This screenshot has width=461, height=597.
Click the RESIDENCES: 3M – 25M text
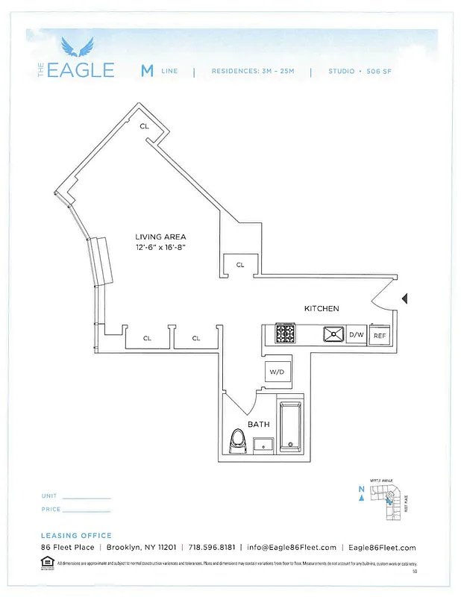(x=252, y=72)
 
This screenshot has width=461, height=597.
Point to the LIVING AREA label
(x=160, y=237)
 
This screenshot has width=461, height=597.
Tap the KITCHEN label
(x=322, y=308)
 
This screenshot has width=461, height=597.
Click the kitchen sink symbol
(x=333, y=334)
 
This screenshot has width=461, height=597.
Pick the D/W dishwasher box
(x=357, y=335)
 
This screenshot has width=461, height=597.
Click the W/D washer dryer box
(x=276, y=371)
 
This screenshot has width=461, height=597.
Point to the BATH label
(x=258, y=423)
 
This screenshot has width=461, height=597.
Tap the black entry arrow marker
(x=404, y=298)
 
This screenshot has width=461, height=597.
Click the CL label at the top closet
(x=144, y=126)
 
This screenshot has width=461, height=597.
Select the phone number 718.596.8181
(x=212, y=547)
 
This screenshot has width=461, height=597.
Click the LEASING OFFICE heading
(x=76, y=535)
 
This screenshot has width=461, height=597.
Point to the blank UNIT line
(x=87, y=497)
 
